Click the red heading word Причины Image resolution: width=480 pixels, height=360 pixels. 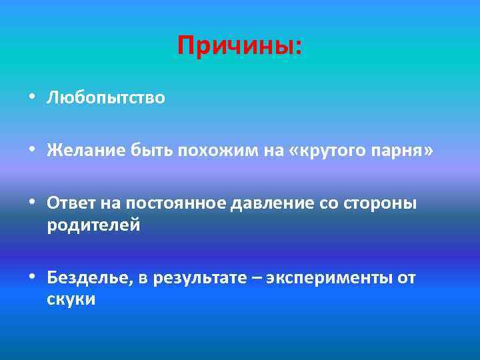(239, 46)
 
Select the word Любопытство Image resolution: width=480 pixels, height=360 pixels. (105, 98)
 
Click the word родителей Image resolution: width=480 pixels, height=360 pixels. (93, 225)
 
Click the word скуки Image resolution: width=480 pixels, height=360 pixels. (71, 299)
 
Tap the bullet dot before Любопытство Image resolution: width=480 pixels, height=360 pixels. (32, 99)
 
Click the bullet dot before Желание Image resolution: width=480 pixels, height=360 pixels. (32, 152)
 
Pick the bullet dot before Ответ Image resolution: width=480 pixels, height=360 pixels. (32, 204)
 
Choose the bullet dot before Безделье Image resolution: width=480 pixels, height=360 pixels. (32, 278)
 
